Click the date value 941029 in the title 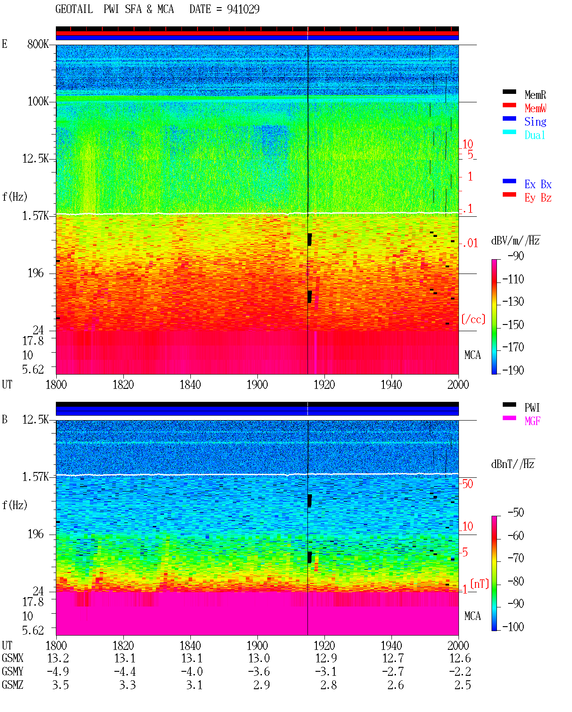pyautogui.click(x=243, y=9)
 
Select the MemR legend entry pyautogui.click(x=535, y=95)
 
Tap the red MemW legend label pyautogui.click(x=535, y=108)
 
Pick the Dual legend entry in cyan pyautogui.click(x=534, y=135)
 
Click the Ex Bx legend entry pyautogui.click(x=538, y=184)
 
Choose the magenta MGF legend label pyautogui.click(x=532, y=421)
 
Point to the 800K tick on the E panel pyautogui.click(x=38, y=44)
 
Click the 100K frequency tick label pyautogui.click(x=38, y=101)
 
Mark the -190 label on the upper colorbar pyautogui.click(x=513, y=370)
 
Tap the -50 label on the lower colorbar pyautogui.click(x=516, y=513)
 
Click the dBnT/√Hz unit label pyautogui.click(x=513, y=464)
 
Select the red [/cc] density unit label pyautogui.click(x=473, y=319)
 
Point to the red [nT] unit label pyautogui.click(x=479, y=584)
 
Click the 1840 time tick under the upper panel pyautogui.click(x=190, y=385)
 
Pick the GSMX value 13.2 pyautogui.click(x=58, y=658)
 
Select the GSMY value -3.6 pyautogui.click(x=259, y=672)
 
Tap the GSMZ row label pyautogui.click(x=13, y=685)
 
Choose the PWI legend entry pyautogui.click(x=532, y=408)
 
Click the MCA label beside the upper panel pyautogui.click(x=472, y=355)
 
